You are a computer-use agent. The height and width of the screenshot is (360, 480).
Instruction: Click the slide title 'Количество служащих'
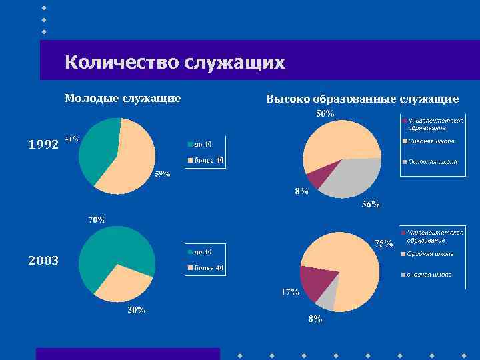[x=175, y=63]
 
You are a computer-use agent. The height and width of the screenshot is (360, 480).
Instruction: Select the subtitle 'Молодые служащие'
[x=123, y=99]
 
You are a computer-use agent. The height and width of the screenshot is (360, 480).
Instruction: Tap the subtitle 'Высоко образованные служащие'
[x=362, y=99]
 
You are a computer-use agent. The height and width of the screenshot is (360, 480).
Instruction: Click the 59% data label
[x=162, y=174]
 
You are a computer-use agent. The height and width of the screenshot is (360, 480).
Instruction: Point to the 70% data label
[x=97, y=219]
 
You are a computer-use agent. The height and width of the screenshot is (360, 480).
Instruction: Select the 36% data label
[x=371, y=205]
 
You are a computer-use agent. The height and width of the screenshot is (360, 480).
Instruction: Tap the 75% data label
[x=383, y=243]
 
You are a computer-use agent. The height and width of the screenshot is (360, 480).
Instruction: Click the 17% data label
[x=289, y=292]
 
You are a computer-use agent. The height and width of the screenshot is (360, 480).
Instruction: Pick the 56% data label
[x=325, y=114]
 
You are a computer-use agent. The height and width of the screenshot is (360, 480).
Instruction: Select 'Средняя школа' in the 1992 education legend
[x=431, y=141]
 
